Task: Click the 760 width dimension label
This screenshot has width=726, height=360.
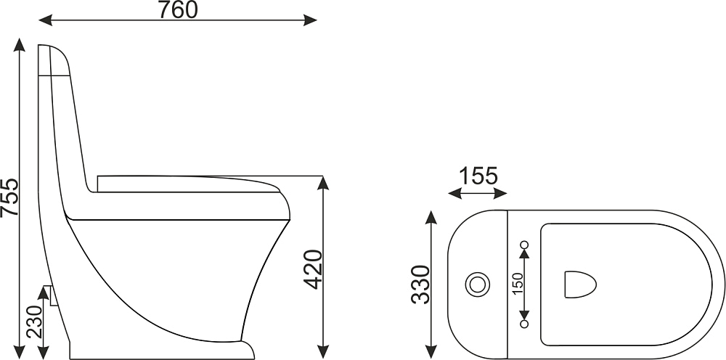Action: click(x=178, y=9)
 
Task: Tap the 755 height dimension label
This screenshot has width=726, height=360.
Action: click(x=9, y=197)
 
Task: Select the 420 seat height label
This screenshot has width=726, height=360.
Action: click(x=312, y=269)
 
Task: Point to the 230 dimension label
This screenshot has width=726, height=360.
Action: click(x=34, y=322)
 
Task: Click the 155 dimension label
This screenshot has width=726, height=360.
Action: click(x=478, y=176)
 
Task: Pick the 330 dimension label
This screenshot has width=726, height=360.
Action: click(x=420, y=284)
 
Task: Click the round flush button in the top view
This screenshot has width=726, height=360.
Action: click(x=478, y=284)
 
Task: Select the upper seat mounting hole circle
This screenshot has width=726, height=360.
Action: click(x=524, y=245)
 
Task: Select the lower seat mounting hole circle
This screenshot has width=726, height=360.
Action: click(x=524, y=324)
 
